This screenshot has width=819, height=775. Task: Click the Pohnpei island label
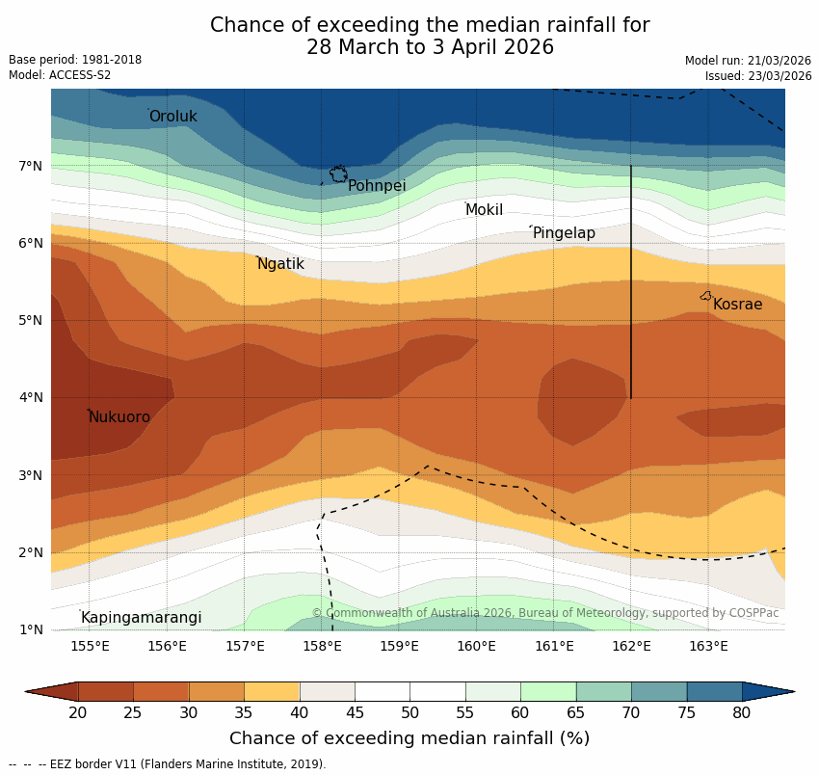(x=377, y=186)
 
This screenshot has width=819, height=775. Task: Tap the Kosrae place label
(x=737, y=305)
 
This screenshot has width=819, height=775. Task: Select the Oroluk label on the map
(x=172, y=117)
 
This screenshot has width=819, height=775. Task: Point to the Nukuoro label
(x=119, y=417)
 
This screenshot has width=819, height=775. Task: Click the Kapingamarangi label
(x=141, y=618)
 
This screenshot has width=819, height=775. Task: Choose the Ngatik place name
(x=280, y=264)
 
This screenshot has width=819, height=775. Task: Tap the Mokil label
(x=484, y=210)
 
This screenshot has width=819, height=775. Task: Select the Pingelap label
(x=564, y=233)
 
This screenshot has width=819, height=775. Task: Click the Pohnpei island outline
(x=338, y=174)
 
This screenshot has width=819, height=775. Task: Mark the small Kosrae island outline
(x=706, y=296)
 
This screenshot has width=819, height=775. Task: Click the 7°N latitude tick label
(x=31, y=166)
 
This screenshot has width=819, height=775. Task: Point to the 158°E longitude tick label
(x=322, y=646)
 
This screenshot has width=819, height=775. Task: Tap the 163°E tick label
(x=708, y=646)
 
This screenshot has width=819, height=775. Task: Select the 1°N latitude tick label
(x=31, y=629)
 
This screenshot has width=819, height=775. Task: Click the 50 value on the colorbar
(x=410, y=712)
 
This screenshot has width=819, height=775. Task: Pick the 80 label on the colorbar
(x=742, y=712)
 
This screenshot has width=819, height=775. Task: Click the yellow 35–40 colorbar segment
(x=272, y=691)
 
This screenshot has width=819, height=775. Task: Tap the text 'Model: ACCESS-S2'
(x=60, y=75)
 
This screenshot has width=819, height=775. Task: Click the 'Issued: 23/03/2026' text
(x=758, y=76)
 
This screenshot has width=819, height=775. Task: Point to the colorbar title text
(x=409, y=739)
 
